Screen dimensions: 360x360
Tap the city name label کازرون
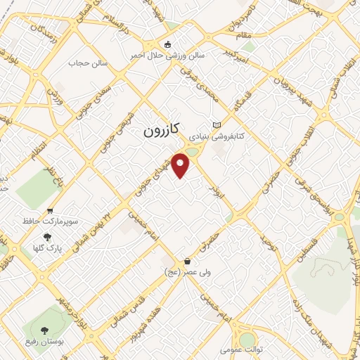pos(162,129)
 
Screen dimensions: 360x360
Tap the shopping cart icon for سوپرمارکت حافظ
pos(50,210)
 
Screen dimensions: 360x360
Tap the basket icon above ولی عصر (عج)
pos(186,261)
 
